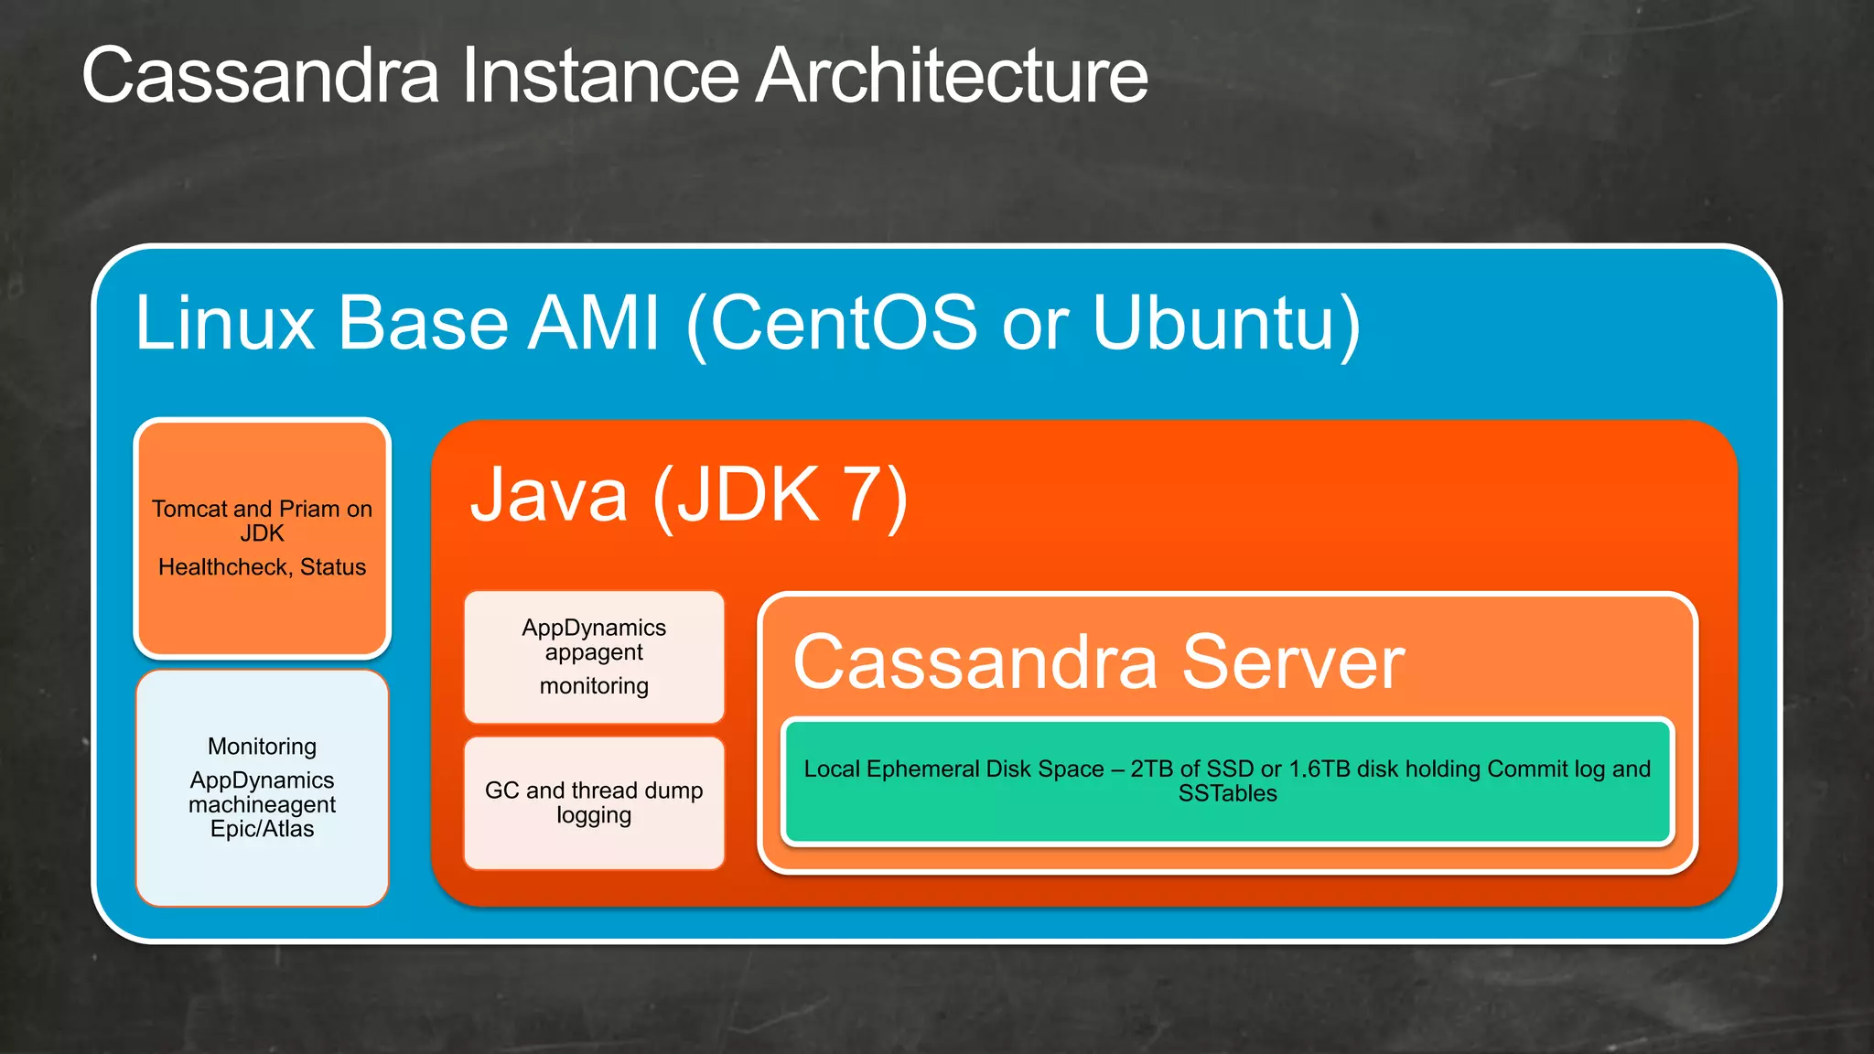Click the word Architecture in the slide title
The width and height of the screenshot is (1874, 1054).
click(x=952, y=75)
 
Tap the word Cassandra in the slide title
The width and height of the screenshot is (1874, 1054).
click(x=261, y=75)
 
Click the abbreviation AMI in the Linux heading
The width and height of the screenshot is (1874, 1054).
click(x=596, y=323)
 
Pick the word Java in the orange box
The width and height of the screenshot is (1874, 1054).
click(x=549, y=495)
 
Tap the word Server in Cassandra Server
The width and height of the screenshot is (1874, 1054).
click(x=1292, y=661)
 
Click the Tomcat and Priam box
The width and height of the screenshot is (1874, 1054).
click(x=263, y=538)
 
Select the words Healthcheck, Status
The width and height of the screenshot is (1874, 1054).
click(x=263, y=567)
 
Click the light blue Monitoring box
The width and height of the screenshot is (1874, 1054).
click(x=263, y=788)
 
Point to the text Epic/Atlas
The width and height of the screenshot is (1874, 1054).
click(x=263, y=829)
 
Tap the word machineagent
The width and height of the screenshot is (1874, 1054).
click(x=263, y=805)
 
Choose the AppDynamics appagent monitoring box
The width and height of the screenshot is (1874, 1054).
click(x=594, y=657)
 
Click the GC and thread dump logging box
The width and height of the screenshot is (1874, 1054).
click(x=594, y=802)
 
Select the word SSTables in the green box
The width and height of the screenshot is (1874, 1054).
click(x=1227, y=794)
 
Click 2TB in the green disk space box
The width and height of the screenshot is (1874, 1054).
click(x=1152, y=769)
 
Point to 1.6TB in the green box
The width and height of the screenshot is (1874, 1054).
click(x=1319, y=769)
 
